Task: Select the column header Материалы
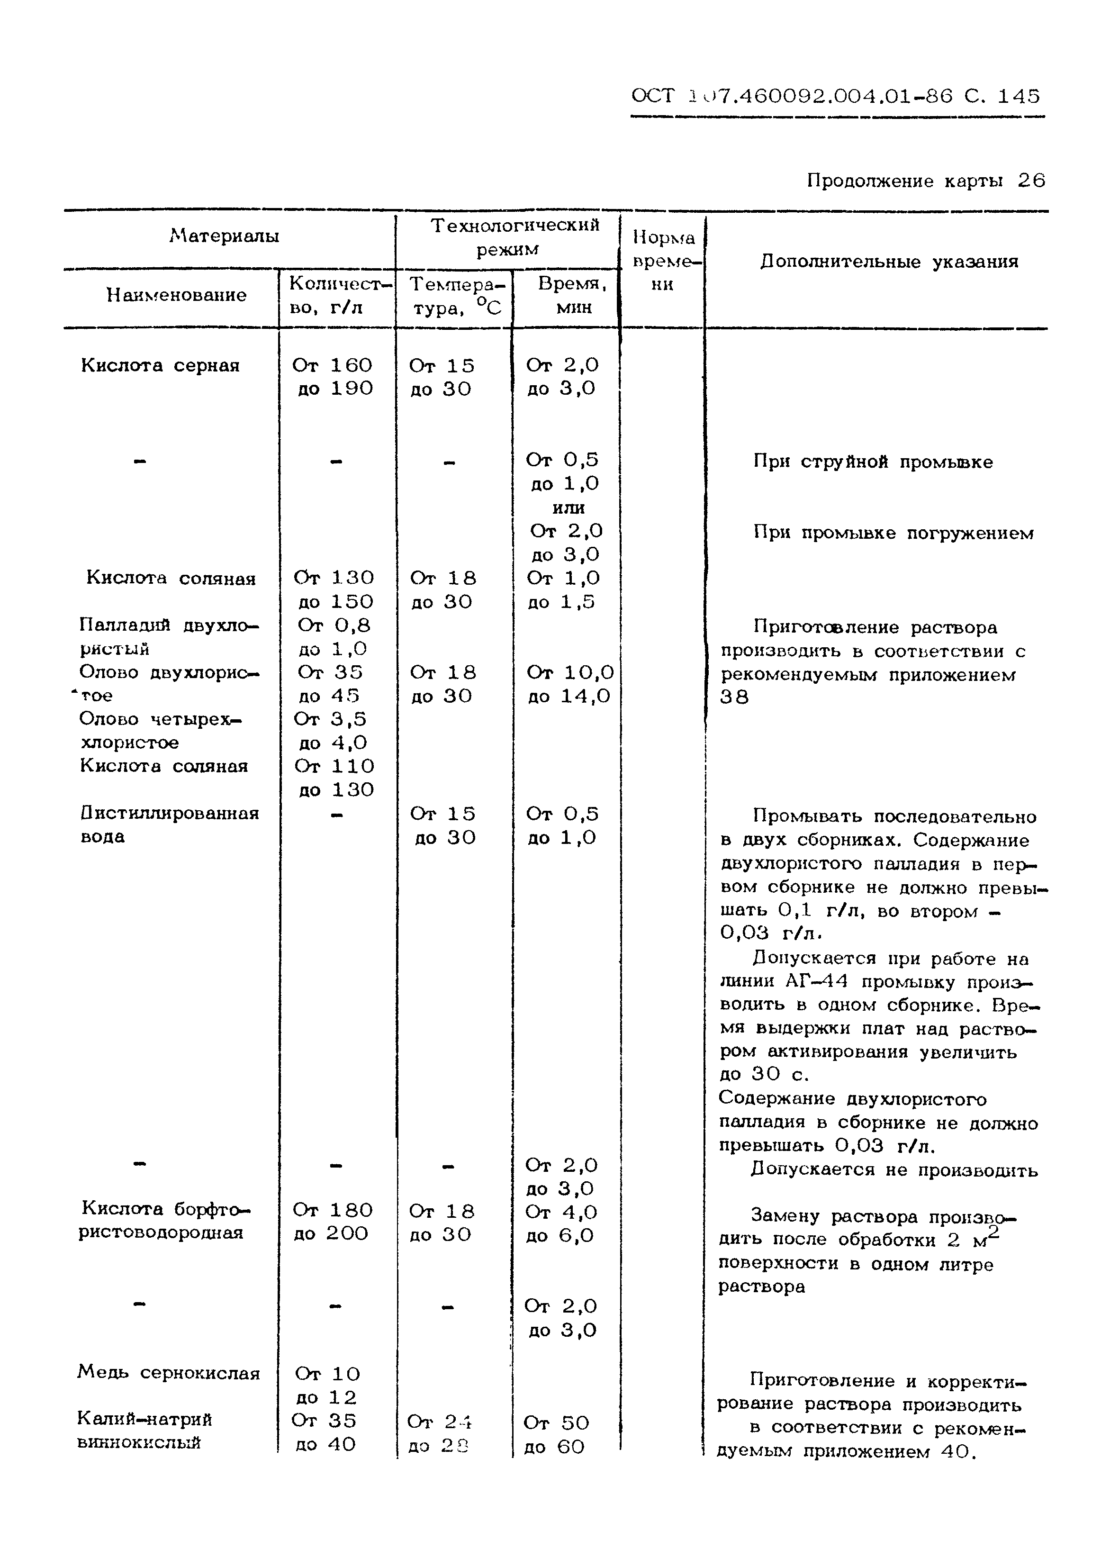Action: (x=224, y=236)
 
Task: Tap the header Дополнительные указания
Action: (x=889, y=262)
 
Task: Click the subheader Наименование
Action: (x=176, y=295)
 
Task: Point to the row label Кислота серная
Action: (x=160, y=365)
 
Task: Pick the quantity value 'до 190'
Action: (x=335, y=389)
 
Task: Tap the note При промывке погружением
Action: (x=893, y=533)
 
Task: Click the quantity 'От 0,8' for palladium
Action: (x=334, y=625)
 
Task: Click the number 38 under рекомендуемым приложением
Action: (x=734, y=697)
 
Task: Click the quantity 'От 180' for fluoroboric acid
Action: (x=332, y=1210)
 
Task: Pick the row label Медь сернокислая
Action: (x=169, y=1373)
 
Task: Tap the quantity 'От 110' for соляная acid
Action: (x=334, y=766)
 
